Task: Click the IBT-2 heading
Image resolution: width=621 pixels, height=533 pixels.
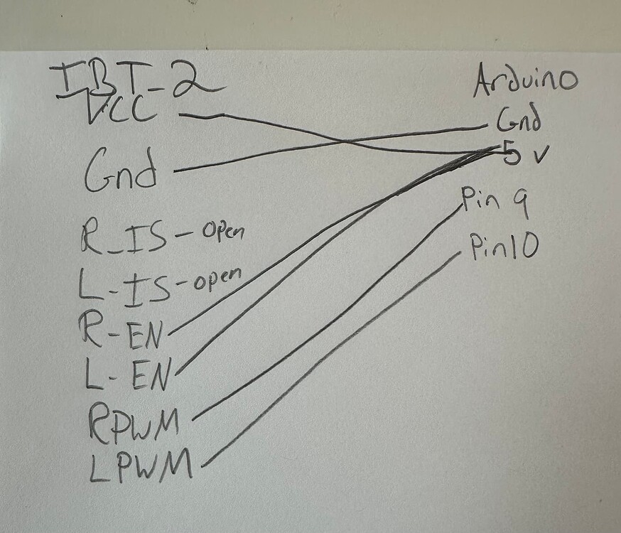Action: click(135, 80)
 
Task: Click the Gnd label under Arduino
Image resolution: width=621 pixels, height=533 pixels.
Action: click(518, 122)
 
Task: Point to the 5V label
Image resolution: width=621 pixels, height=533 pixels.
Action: click(522, 152)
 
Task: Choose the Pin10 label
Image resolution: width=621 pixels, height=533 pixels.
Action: click(504, 247)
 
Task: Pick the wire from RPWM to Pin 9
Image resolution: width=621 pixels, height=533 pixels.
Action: click(327, 313)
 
